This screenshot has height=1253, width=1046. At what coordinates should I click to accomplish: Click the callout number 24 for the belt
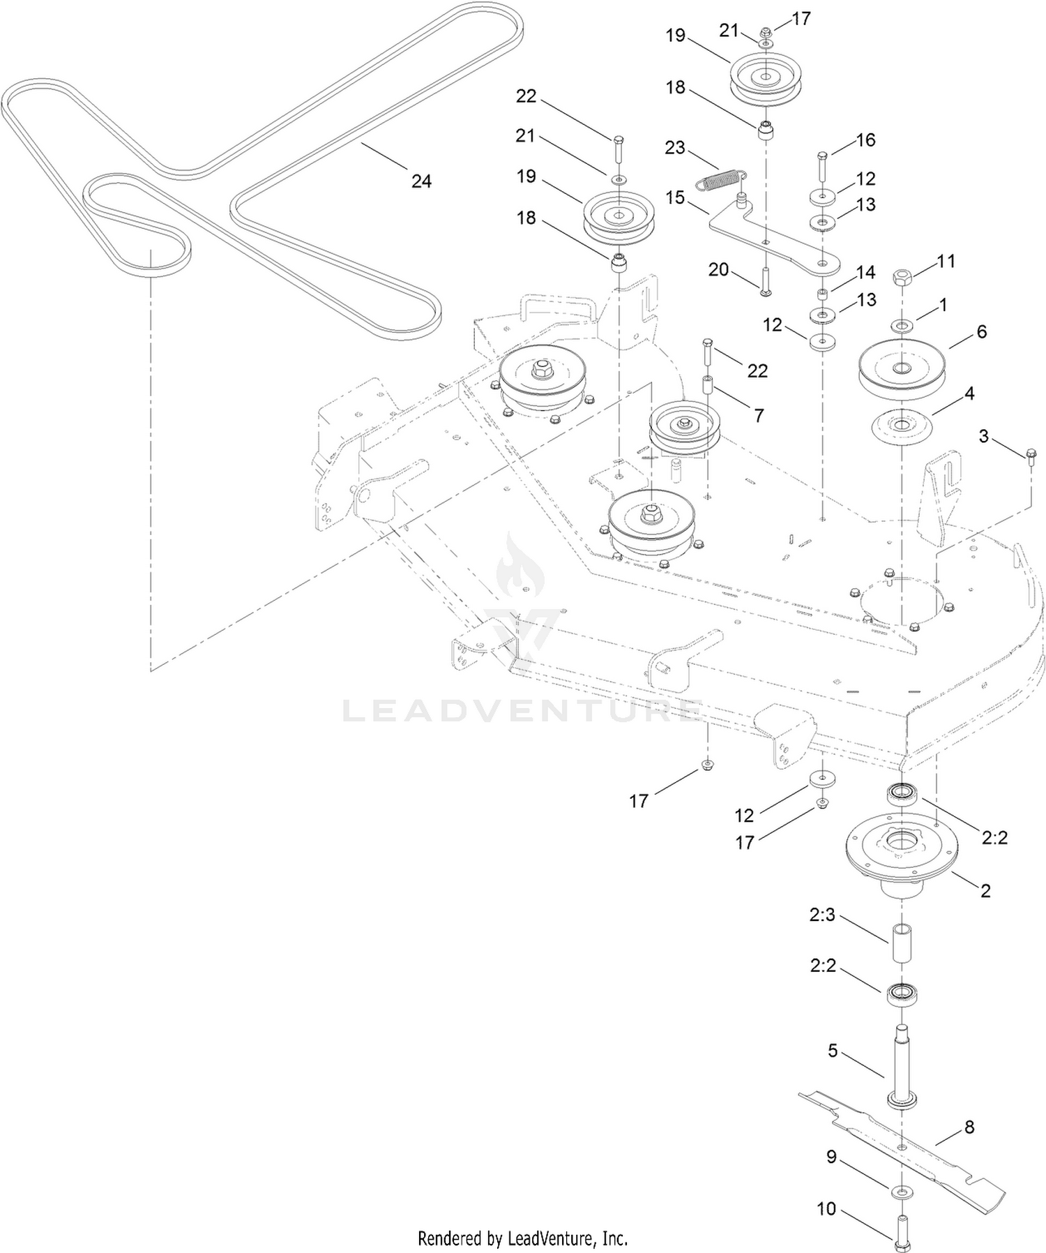point(421,181)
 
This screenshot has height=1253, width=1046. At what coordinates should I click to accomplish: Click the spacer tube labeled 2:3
point(902,943)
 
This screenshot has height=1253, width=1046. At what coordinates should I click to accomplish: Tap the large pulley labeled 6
point(902,368)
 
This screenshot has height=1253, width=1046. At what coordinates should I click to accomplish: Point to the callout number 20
point(718,269)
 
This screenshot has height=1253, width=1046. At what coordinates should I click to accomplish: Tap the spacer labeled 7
point(708,386)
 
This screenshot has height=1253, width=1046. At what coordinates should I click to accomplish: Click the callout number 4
point(969,393)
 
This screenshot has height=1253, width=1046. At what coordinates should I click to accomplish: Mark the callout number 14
point(865,272)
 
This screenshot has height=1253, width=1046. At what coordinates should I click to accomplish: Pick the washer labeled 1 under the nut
point(902,324)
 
